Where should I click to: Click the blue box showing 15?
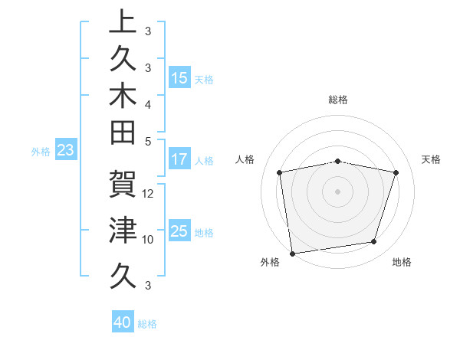[179, 77]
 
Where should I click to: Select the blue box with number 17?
[179, 160]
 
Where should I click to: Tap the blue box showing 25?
[179, 231]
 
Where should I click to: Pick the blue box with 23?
[65, 151]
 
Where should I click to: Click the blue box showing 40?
[123, 322]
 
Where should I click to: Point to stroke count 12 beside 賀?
[149, 194]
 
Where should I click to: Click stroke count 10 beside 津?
[148, 239]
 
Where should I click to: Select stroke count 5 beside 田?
[148, 141]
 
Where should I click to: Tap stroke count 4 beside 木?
[148, 103]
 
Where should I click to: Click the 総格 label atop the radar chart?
[338, 100]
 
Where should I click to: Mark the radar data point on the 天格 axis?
[396, 173]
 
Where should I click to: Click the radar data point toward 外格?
[292, 253]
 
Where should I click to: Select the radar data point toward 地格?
[374, 242]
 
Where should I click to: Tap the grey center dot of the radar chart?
[338, 191]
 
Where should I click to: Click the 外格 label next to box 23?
[41, 152]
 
